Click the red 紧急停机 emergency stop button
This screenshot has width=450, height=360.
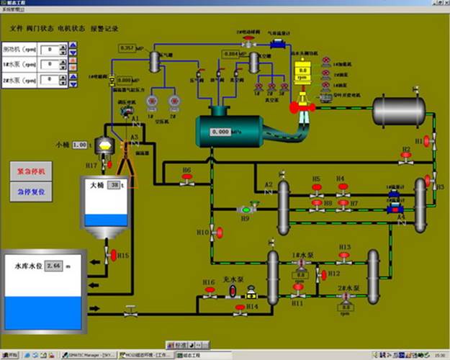[31, 171]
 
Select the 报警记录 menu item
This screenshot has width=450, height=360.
[104, 29]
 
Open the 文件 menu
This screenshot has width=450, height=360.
[17, 29]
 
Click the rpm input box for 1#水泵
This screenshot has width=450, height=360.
[49, 64]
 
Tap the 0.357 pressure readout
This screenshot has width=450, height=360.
[126, 48]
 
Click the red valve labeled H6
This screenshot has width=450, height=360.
[186, 181]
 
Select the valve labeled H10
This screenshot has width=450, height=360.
[219, 232]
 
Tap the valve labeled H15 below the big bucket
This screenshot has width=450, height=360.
[112, 255]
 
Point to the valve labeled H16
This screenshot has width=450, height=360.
[210, 291]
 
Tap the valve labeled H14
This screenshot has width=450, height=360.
[238, 310]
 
